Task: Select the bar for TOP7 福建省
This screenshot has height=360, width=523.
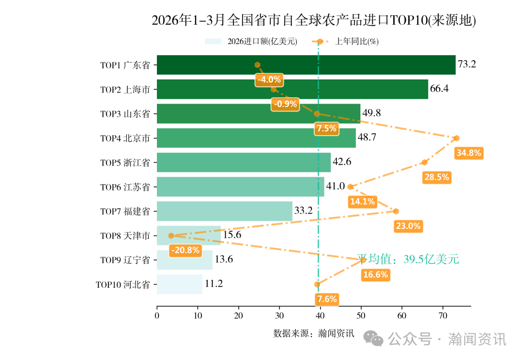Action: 225,211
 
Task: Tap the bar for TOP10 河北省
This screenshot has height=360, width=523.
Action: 180,284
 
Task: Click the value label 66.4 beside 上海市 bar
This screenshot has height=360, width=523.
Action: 439,89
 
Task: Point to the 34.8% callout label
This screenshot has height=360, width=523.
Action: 469,153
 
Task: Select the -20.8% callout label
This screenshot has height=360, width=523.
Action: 185,250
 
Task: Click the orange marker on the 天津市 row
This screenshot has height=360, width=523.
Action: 171,235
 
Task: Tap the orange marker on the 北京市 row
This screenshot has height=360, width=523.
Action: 456,138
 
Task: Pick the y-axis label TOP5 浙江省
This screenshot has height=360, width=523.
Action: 125,163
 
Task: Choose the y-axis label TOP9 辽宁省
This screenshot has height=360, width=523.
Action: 125,260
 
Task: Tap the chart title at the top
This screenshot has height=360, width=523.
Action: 314,20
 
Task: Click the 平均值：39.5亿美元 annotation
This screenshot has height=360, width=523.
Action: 408,259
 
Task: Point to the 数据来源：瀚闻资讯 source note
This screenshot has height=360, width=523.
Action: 314,333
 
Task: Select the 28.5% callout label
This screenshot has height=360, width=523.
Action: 436,177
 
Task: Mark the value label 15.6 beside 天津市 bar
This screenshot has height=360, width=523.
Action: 232,235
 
